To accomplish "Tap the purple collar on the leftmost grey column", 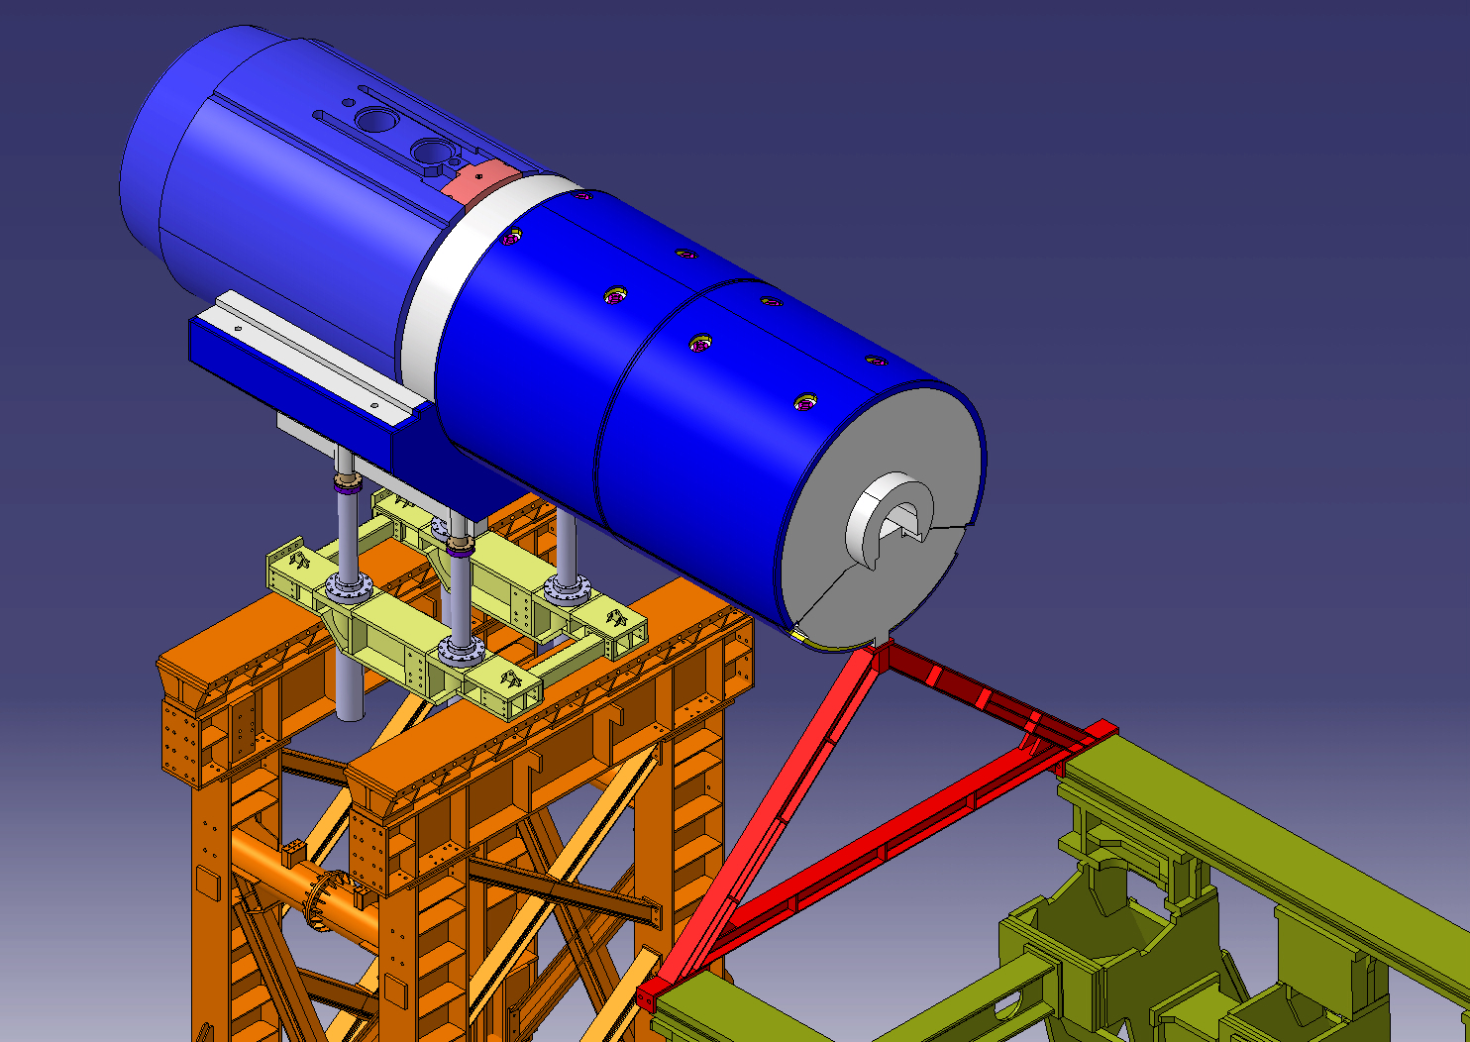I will click(347, 483).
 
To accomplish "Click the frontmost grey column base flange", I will click(460, 650).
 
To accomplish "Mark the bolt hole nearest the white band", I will click(512, 237).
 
